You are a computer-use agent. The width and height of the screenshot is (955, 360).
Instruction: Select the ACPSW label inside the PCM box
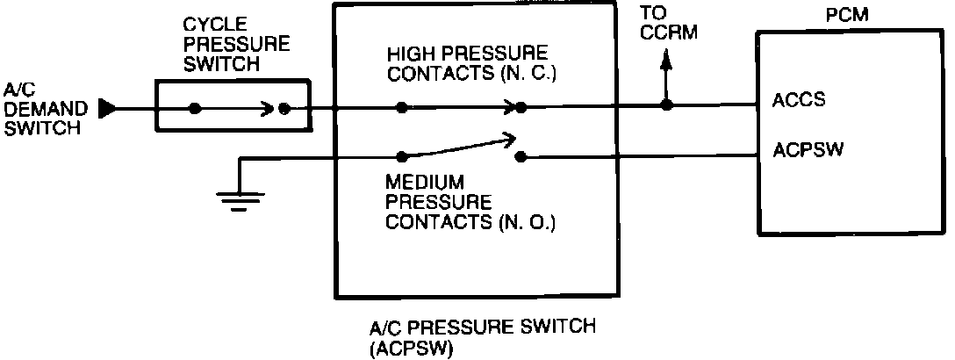click(808, 149)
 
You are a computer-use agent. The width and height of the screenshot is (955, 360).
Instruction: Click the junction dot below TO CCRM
click(666, 106)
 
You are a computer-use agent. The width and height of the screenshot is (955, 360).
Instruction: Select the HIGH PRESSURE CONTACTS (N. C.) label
click(470, 62)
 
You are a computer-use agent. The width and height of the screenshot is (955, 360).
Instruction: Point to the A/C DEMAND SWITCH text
click(45, 109)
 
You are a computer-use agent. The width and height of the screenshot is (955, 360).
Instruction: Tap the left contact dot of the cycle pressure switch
click(195, 109)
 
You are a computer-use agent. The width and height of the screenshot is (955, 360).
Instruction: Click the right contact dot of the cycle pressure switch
click(284, 109)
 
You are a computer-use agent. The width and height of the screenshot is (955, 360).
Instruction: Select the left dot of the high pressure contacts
click(401, 108)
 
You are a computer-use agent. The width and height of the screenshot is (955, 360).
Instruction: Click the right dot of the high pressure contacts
click(521, 108)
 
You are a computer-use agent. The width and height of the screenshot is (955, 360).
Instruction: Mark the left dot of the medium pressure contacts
click(401, 156)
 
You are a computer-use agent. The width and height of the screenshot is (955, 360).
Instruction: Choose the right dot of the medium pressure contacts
click(521, 156)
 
